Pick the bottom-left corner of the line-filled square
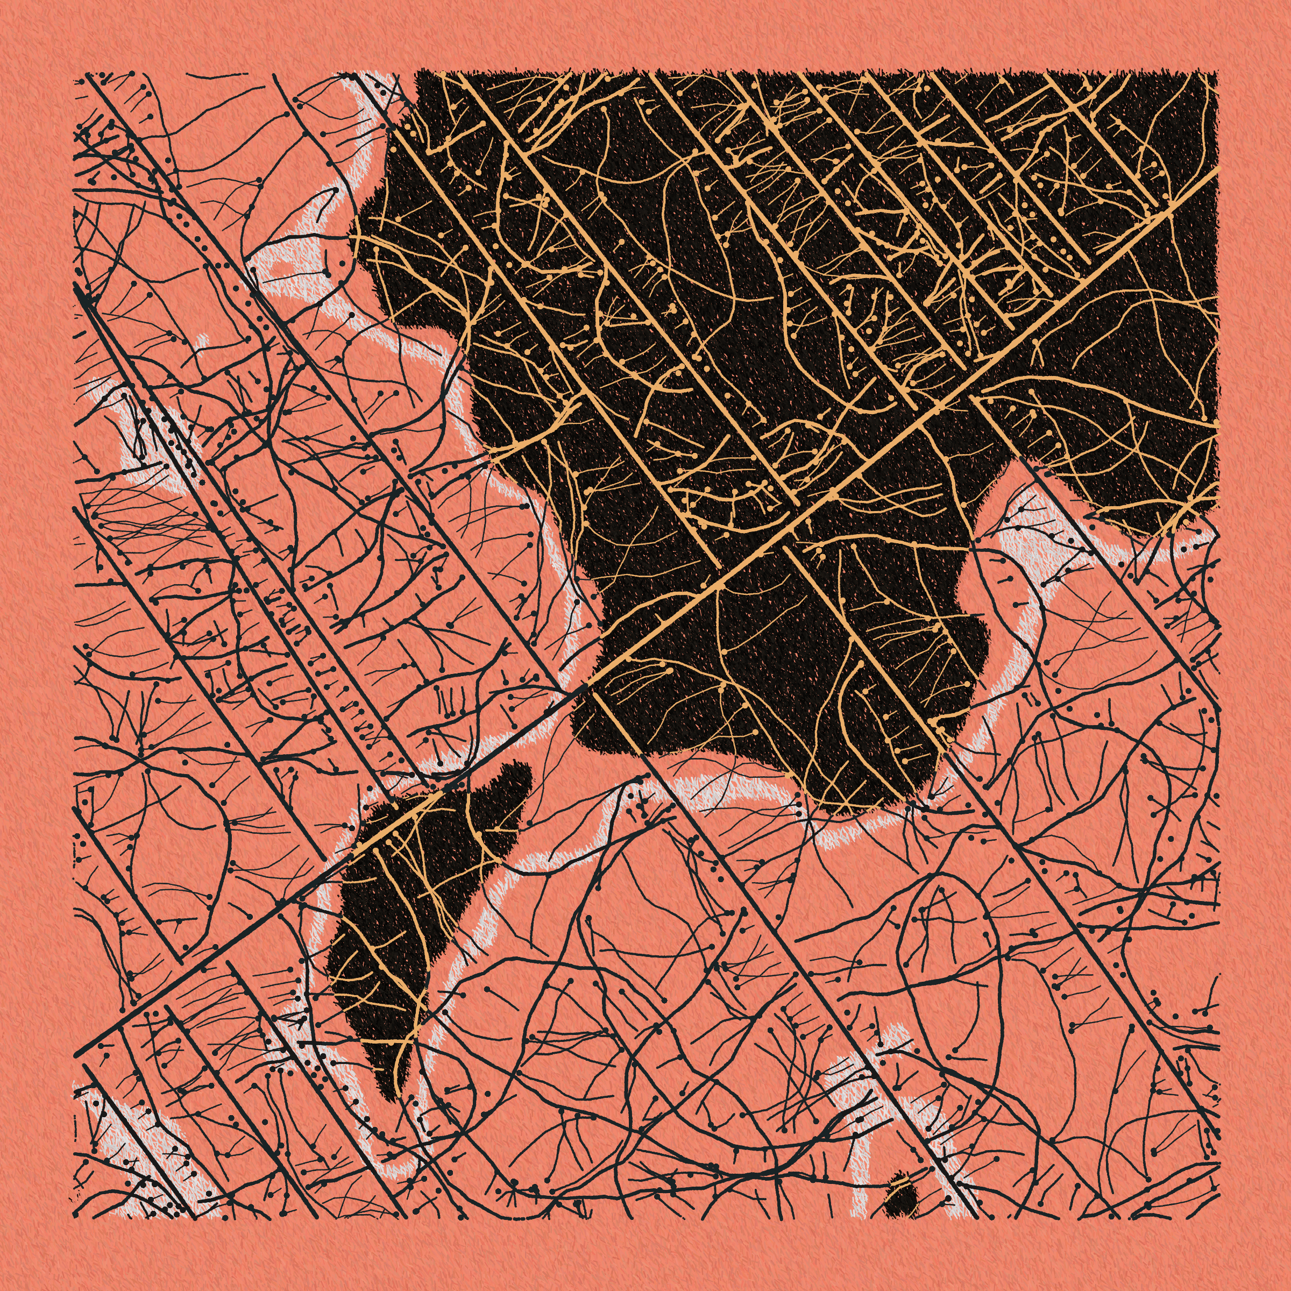point(75,1217)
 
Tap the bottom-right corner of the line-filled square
point(1217,1217)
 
